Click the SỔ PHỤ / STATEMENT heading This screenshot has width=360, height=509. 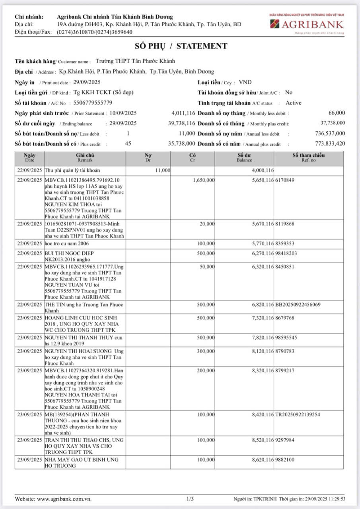[180, 46]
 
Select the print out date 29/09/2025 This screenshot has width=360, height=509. [87, 82]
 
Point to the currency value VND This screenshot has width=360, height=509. [245, 82]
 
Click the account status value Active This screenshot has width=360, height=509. [294, 103]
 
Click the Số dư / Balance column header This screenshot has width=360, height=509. [244, 157]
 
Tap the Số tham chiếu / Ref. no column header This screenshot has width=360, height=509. [309, 157]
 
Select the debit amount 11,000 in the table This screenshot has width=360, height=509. [163, 170]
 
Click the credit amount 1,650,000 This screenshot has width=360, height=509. [204, 180]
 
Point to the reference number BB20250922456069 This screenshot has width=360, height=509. [298, 305]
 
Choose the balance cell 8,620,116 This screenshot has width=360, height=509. [263, 459]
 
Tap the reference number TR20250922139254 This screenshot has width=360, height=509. [298, 415]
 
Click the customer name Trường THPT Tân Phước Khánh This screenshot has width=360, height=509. [135, 61]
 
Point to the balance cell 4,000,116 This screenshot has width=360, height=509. [263, 170]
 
